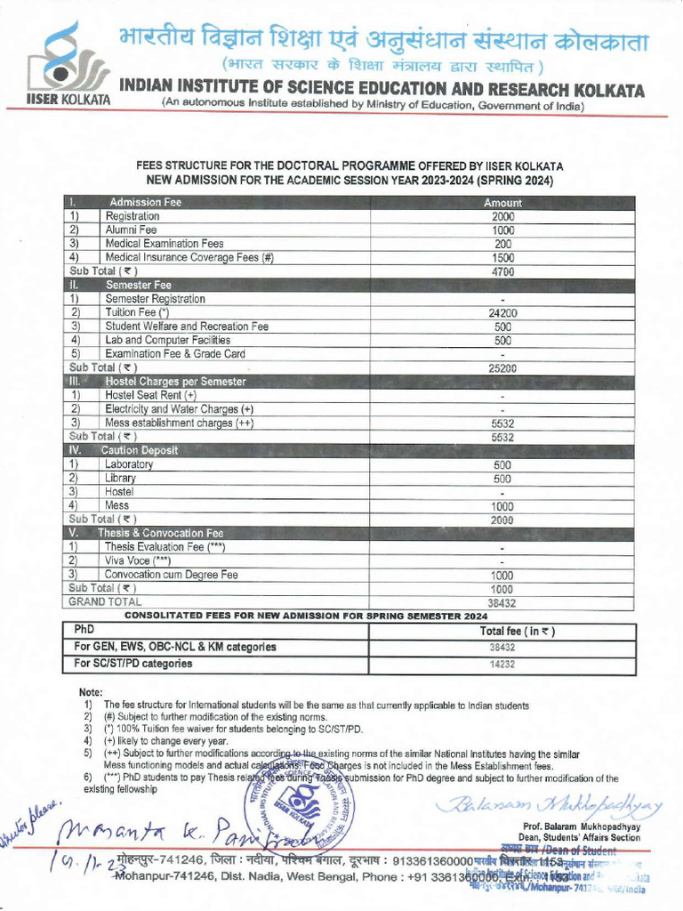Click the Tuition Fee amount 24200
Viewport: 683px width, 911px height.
click(502, 313)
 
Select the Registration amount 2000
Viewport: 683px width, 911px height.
click(502, 216)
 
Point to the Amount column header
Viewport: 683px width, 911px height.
click(502, 203)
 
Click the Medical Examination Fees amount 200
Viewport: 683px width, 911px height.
click(502, 244)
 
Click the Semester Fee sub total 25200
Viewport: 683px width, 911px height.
click(502, 367)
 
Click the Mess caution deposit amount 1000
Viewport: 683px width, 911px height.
click(502, 505)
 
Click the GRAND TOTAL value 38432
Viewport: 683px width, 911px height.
click(502, 602)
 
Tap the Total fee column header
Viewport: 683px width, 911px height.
click(504, 632)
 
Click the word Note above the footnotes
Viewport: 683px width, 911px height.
click(91, 692)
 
